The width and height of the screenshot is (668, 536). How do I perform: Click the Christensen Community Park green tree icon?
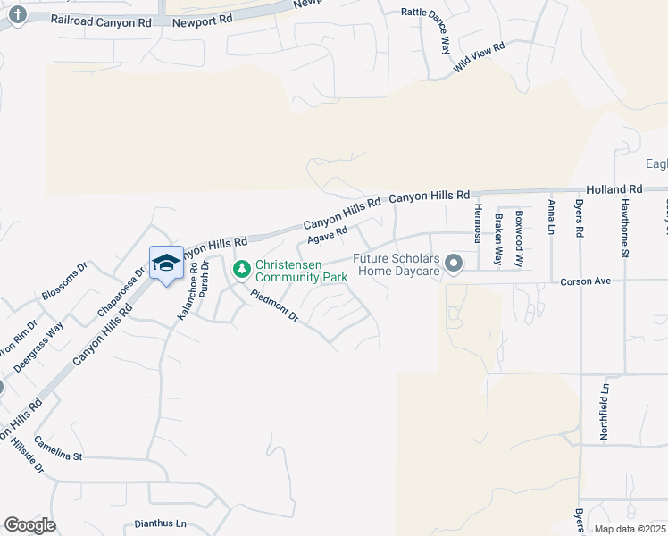241,268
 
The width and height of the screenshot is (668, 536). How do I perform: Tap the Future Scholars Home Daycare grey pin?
454,264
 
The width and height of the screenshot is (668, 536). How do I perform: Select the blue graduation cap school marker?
166,264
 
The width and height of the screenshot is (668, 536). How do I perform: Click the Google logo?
29,525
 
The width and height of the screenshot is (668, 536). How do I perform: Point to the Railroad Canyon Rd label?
101,20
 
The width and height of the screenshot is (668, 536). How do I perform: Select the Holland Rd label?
614,189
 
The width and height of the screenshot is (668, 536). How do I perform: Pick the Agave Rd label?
327,236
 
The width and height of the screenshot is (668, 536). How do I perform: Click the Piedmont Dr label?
274,305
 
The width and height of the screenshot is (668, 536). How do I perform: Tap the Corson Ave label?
585,281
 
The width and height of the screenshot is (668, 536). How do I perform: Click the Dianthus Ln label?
161,523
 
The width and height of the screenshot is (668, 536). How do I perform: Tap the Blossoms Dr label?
64,281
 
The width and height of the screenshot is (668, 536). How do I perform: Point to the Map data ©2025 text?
630,529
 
